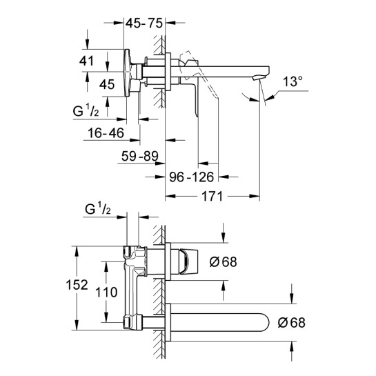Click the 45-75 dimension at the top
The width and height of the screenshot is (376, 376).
click(x=144, y=23)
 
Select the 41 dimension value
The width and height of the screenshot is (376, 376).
click(x=86, y=61)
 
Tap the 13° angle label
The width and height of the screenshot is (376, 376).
click(x=293, y=81)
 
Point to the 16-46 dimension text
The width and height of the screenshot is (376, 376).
click(x=106, y=133)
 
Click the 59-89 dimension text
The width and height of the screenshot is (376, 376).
click(x=140, y=156)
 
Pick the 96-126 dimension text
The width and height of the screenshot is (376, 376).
click(x=191, y=177)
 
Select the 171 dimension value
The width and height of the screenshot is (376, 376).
click(x=212, y=197)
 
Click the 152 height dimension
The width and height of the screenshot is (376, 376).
click(x=77, y=285)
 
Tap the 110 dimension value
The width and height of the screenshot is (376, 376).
click(x=106, y=292)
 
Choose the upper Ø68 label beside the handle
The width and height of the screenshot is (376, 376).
click(x=223, y=261)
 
